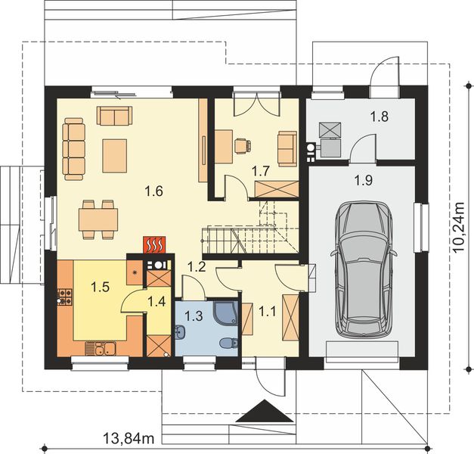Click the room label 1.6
click(x=154, y=191)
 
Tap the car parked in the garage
click(x=364, y=270)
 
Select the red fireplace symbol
click(x=154, y=244)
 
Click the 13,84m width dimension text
click(x=129, y=438)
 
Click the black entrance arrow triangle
click(x=265, y=411)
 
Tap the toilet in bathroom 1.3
click(x=228, y=344)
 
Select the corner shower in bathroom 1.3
click(x=225, y=313)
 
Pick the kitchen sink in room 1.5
click(x=101, y=348)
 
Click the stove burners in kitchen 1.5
click(x=65, y=297)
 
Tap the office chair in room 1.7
click(x=243, y=146)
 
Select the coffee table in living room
click(x=115, y=156)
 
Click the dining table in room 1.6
click(x=98, y=219)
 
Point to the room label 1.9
click(x=364, y=181)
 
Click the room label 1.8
click(x=380, y=117)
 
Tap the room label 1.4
click(x=156, y=301)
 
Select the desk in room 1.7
click(x=224, y=147)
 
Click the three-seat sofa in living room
click(x=74, y=149)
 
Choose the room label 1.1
click(x=268, y=311)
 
